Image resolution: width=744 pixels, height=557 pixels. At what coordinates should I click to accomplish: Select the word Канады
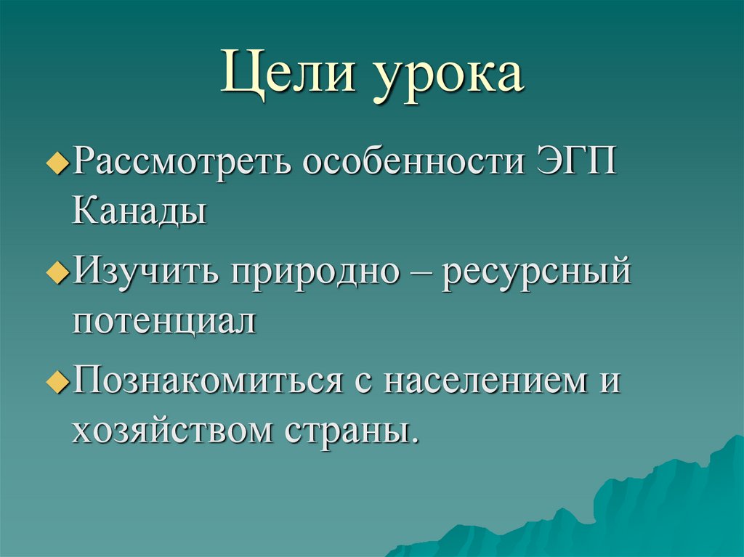pyautogui.click(x=139, y=211)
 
